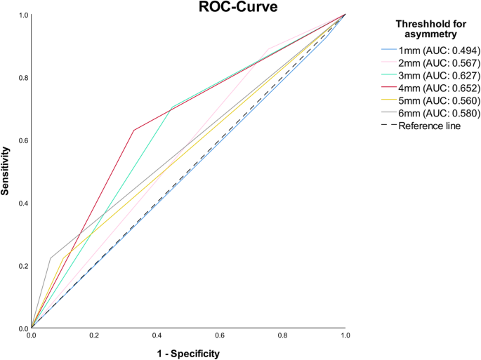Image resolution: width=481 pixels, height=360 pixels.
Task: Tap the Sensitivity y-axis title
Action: (6, 171)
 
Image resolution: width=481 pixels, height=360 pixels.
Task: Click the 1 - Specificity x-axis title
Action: (188, 354)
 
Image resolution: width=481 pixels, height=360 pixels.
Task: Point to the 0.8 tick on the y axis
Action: (21, 78)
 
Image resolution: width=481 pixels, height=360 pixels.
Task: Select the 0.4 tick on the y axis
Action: (21, 204)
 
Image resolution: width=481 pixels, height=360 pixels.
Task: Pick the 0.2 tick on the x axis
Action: (94, 337)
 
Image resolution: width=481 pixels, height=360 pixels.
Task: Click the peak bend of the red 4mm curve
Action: (133, 130)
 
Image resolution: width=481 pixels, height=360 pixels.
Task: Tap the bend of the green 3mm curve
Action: (171, 107)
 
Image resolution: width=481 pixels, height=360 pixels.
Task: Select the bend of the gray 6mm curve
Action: (51, 258)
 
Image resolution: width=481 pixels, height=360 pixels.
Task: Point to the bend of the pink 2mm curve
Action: (268, 48)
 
